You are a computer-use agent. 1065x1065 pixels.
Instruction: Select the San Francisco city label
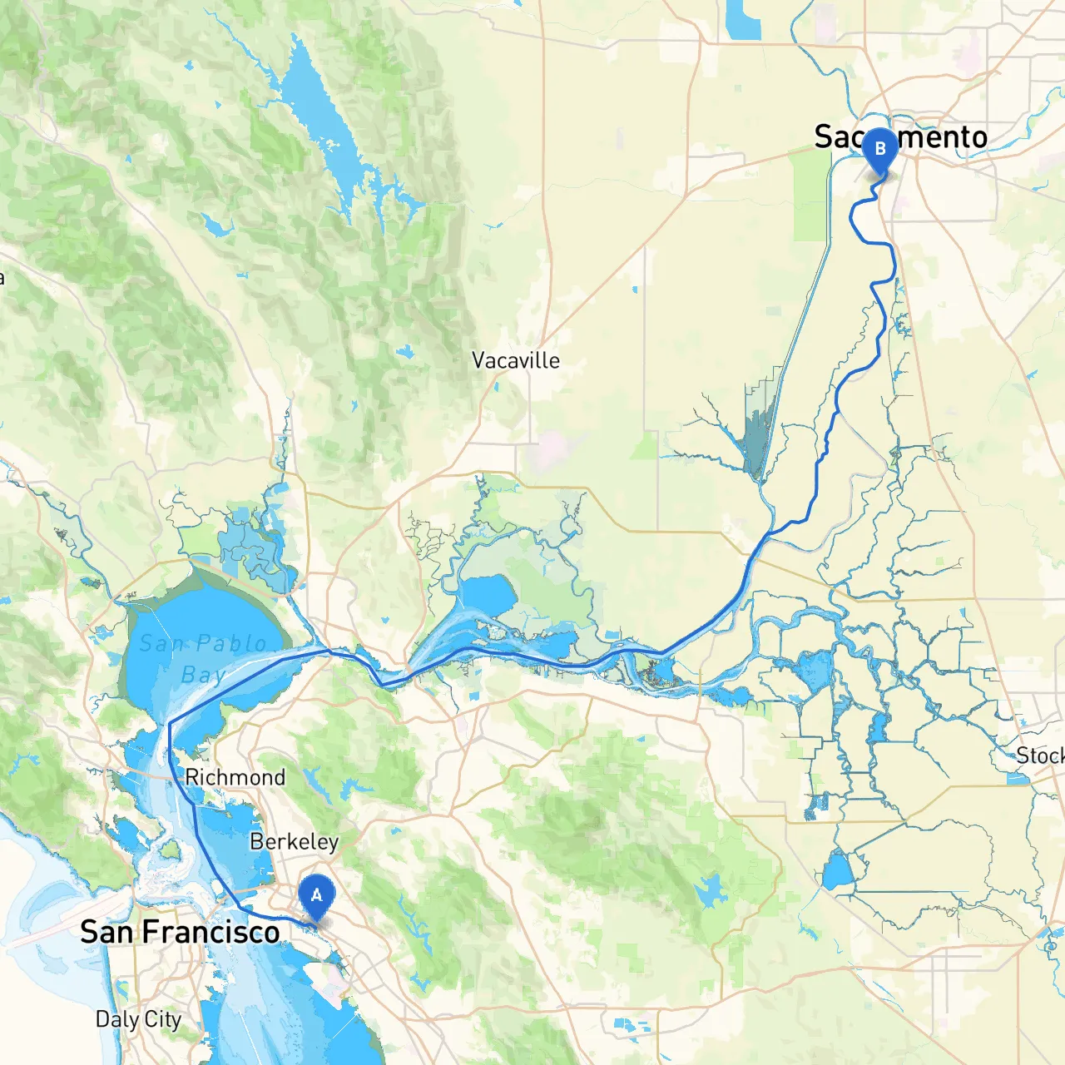180,932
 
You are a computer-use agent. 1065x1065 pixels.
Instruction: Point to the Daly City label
138,1019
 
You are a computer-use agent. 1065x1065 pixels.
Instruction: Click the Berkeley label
294,842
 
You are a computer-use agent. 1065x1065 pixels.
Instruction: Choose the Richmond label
235,777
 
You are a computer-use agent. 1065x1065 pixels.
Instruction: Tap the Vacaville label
515,360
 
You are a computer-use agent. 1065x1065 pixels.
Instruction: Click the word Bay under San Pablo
203,675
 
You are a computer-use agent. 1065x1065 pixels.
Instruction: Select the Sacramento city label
900,136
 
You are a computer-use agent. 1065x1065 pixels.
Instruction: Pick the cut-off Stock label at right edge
1040,755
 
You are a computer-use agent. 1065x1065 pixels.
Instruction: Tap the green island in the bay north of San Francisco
171,850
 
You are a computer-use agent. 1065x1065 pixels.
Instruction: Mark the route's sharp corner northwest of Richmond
170,724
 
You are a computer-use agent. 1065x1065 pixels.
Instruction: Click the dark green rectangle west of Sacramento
809,196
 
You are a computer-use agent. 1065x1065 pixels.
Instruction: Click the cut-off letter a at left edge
2,277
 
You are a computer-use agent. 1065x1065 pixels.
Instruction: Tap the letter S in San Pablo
147,643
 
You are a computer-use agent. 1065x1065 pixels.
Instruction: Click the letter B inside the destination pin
879,149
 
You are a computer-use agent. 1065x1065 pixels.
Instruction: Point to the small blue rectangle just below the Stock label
1017,780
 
